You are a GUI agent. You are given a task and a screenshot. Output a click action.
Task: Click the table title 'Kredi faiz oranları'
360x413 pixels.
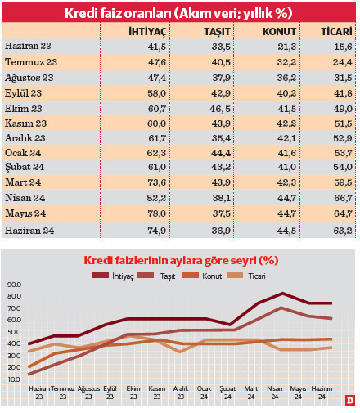click(x=178, y=11)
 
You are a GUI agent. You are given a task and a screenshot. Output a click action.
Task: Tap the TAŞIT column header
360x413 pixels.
click(x=216, y=30)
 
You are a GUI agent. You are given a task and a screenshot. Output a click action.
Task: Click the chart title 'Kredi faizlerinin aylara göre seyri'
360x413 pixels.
click(x=181, y=260)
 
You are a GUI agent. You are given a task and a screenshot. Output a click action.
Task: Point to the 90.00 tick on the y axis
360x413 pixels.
click(x=14, y=285)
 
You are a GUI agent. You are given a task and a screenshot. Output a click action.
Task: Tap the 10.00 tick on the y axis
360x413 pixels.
click(x=14, y=380)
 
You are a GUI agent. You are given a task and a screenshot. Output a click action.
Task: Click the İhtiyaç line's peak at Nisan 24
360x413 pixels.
click(x=282, y=293)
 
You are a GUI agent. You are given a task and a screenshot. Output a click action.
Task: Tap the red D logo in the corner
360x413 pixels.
click(x=349, y=401)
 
